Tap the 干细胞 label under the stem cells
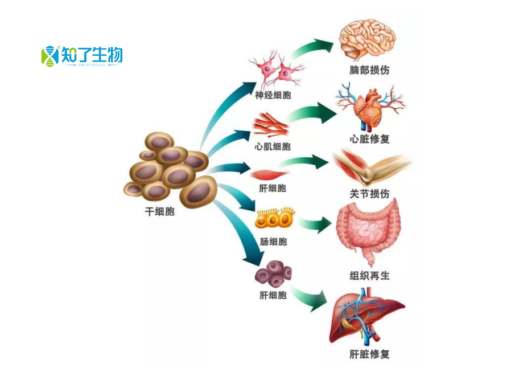tap(160, 212)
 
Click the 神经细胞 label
tap(273, 95)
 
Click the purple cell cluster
tap(273, 273)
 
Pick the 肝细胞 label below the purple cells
tap(273, 295)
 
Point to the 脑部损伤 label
tap(369, 70)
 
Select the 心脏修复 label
tap(369, 138)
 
